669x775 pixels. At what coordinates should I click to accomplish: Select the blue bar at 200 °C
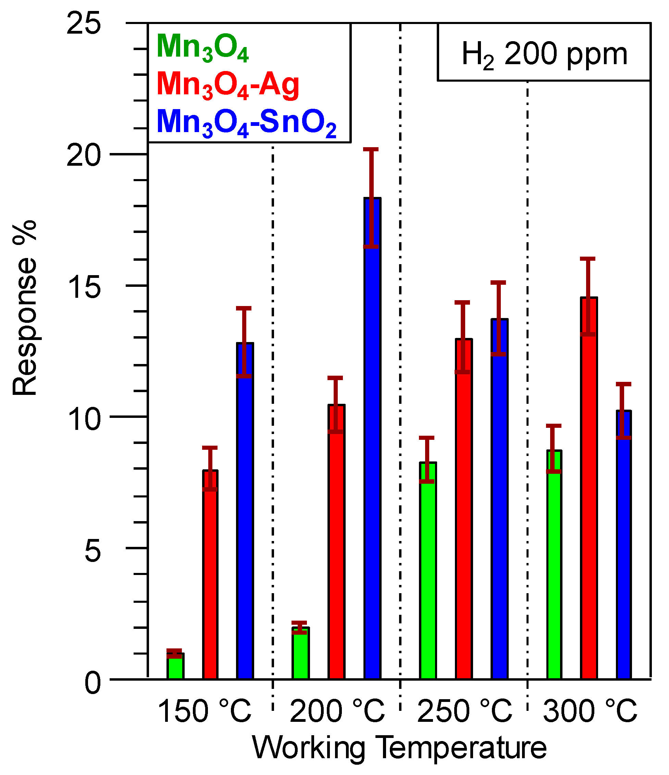372,438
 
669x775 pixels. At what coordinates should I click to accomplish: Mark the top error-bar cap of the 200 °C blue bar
371,150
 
